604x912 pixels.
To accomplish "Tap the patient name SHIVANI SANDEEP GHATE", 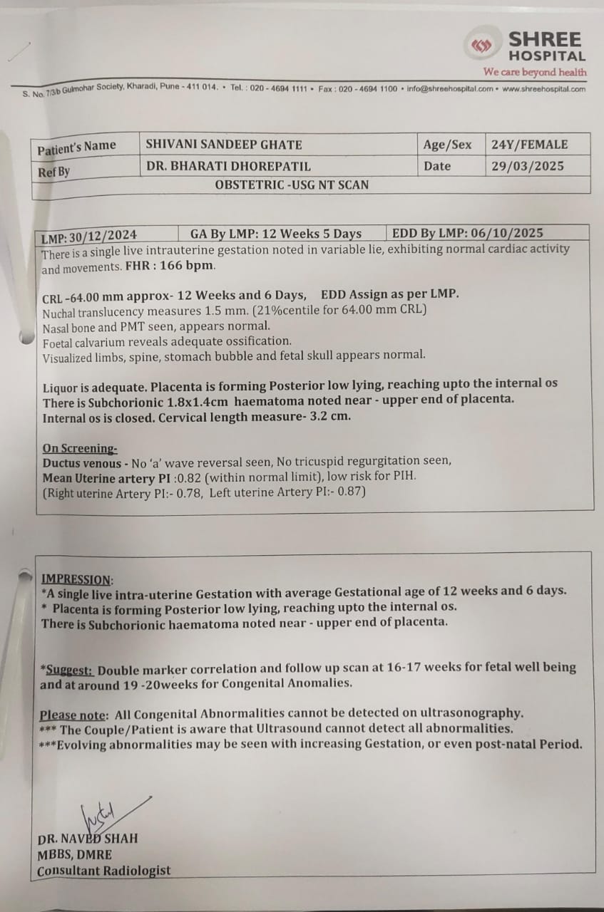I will tap(224, 145).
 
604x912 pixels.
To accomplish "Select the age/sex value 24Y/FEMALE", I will tap(529, 145).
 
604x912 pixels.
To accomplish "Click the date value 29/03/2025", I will tap(528, 166).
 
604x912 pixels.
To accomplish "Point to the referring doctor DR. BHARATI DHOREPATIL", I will tap(228, 166).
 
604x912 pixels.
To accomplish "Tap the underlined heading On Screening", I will tap(80, 448).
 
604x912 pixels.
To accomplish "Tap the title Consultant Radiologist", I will tap(104, 871).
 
